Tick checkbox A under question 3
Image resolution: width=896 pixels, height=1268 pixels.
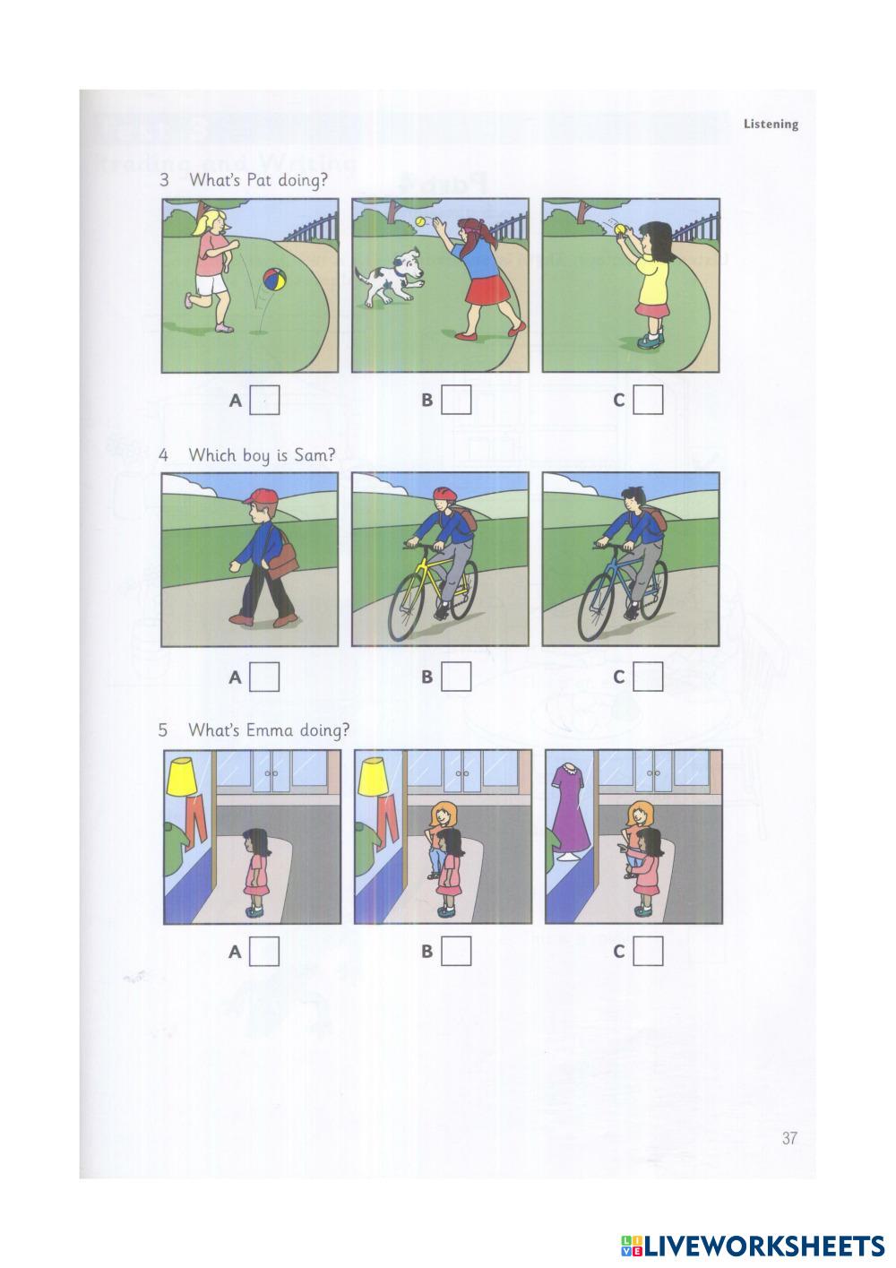pyautogui.click(x=265, y=401)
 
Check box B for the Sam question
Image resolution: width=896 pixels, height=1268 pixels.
pyautogui.click(x=456, y=677)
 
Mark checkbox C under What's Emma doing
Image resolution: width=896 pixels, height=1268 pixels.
pyautogui.click(x=648, y=951)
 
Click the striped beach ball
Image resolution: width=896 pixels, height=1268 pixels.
pyautogui.click(x=274, y=280)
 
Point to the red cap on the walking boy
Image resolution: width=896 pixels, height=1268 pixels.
pyautogui.click(x=261, y=496)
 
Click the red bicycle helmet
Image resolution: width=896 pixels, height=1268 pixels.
pyautogui.click(x=445, y=494)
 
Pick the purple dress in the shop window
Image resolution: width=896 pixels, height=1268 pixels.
pyautogui.click(x=571, y=807)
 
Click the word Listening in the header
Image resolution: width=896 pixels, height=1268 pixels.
pyautogui.click(x=771, y=124)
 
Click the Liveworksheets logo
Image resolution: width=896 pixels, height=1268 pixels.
pyautogui.click(x=753, y=1246)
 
